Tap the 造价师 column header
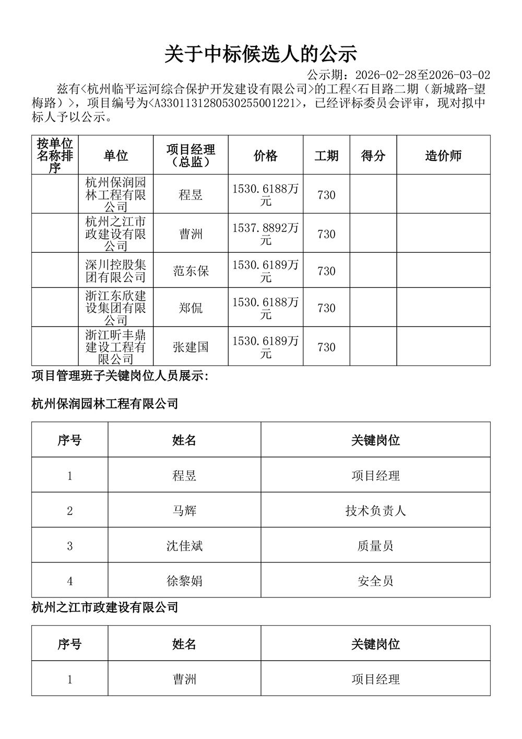pos(443,156)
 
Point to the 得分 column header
pos(373,156)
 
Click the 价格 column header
pos(265,156)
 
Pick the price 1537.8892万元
pos(265,234)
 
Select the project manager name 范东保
pos(191,271)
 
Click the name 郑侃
pos(191,308)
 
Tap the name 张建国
pos(191,347)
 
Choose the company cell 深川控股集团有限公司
pos(115,271)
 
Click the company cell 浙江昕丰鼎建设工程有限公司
pos(115,347)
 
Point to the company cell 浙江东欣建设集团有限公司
pos(115,308)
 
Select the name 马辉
pos(184,511)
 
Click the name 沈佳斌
pos(184,546)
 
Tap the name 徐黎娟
pos(184,581)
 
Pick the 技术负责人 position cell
pos(375,511)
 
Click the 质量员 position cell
pos(375,546)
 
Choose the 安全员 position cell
pos(375,581)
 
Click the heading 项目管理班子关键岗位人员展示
pos(120,376)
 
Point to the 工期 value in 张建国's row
pos(326,347)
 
